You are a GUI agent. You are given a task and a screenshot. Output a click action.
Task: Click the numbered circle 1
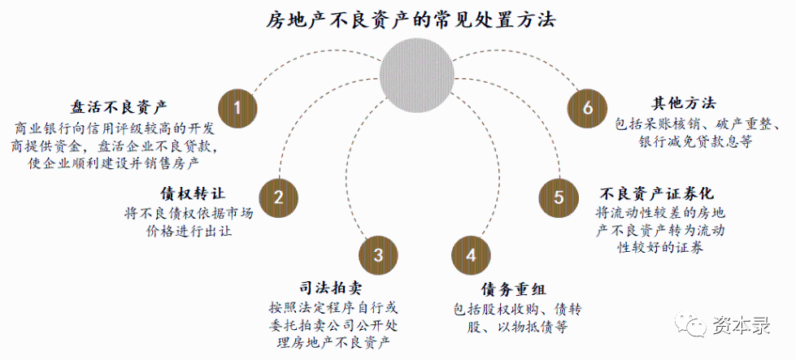(x=237, y=107)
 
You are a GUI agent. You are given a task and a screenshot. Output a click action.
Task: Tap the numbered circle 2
(x=278, y=197)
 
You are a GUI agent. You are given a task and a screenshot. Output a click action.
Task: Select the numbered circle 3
(x=378, y=254)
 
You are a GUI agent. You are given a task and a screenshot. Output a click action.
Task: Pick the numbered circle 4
(x=471, y=254)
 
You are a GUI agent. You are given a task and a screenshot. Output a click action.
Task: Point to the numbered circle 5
(x=559, y=197)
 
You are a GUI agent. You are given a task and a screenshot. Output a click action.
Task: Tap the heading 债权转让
(x=193, y=193)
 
